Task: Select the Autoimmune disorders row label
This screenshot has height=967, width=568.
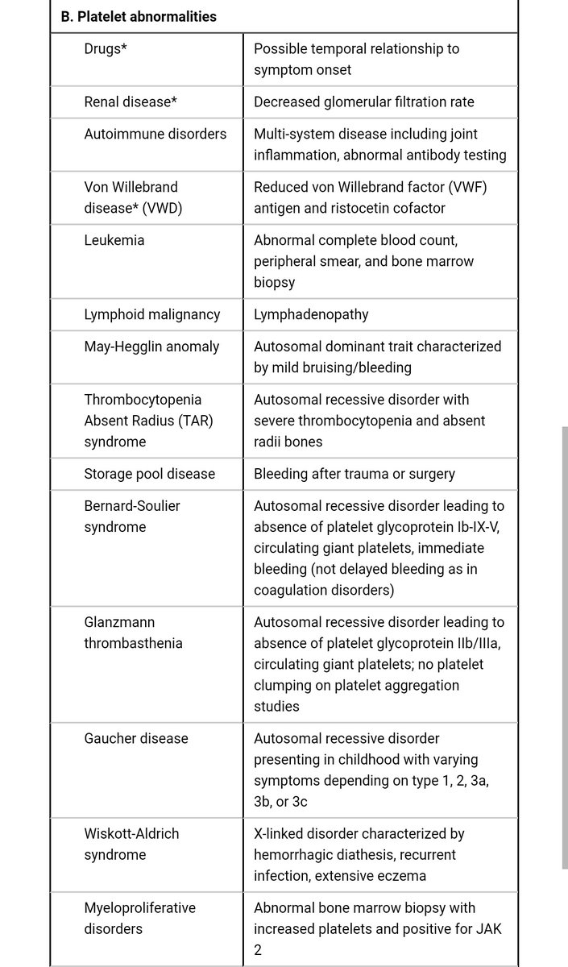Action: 155,134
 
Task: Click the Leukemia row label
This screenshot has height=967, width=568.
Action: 114,240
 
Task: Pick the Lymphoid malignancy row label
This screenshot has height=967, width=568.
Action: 152,314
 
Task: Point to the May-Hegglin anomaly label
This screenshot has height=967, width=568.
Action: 151,347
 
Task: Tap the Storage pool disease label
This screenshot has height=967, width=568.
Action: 150,473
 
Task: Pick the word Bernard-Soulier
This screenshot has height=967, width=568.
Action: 132,505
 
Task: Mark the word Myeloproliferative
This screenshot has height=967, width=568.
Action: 140,907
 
